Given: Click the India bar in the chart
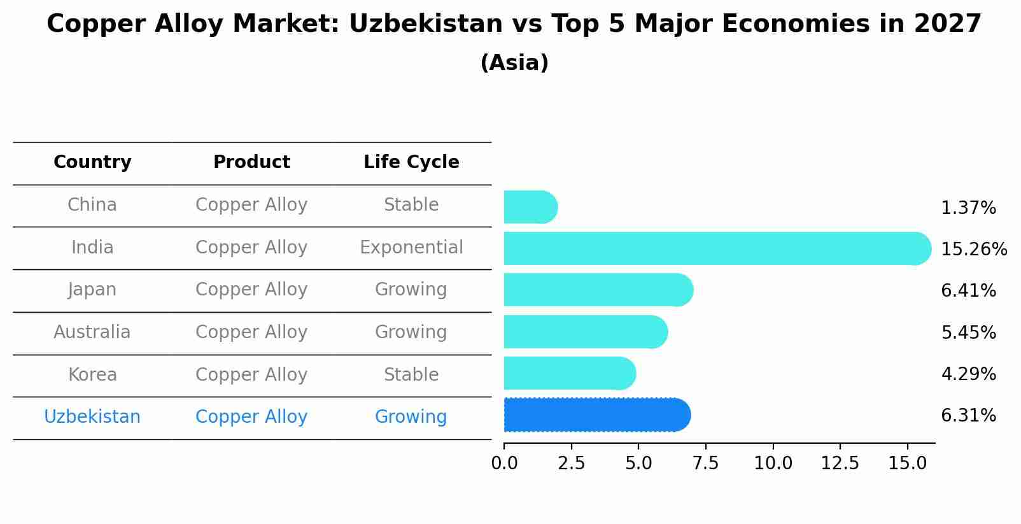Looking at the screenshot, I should [x=716, y=248].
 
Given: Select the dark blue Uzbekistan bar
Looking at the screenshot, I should [x=596, y=415].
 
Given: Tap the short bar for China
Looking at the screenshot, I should [x=530, y=207].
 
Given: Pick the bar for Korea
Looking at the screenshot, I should [x=569, y=373].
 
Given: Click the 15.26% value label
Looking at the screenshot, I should [x=973, y=249].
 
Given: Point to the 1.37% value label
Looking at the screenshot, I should [x=968, y=208].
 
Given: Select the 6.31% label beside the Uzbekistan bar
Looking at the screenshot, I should [x=968, y=416].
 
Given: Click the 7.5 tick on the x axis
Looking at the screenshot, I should [x=705, y=464].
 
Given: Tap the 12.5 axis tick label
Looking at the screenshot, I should [x=840, y=464].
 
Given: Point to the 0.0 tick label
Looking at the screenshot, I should [x=504, y=464].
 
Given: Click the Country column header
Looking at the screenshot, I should [x=92, y=162].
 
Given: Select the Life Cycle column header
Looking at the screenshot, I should [x=411, y=162].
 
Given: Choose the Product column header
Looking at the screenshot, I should [x=251, y=162].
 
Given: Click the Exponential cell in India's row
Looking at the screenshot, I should [x=411, y=248].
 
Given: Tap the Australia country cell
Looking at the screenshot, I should [x=92, y=332].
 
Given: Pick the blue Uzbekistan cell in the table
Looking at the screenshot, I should [x=92, y=417].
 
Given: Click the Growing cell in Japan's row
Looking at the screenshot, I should [x=411, y=290].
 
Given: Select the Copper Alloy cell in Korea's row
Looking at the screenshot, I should [x=251, y=374].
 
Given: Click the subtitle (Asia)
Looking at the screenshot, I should [x=514, y=63].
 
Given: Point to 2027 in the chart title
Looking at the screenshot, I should [x=947, y=24].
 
